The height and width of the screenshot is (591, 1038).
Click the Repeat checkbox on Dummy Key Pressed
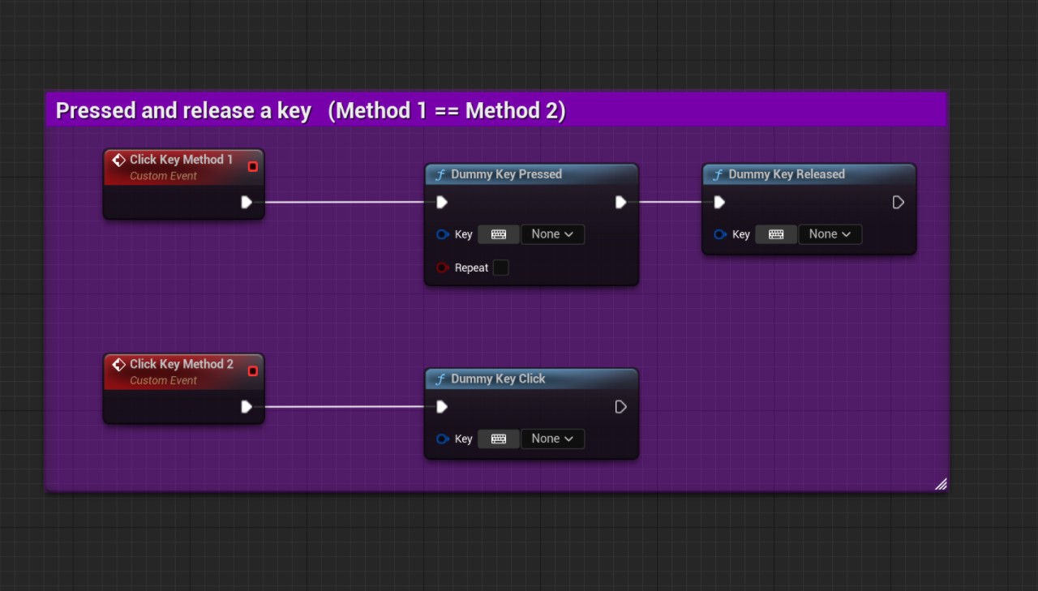point(500,268)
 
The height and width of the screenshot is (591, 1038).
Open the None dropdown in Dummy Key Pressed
point(552,234)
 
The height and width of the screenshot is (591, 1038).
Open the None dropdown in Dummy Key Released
point(830,234)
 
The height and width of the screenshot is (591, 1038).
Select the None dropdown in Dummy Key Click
point(552,439)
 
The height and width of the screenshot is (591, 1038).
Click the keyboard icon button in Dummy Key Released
point(776,234)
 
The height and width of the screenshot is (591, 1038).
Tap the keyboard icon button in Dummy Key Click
point(499,439)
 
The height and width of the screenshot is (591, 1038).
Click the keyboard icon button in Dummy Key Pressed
point(499,234)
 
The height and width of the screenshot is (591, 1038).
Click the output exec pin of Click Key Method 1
point(247,202)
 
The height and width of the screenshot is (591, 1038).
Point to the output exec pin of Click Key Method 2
point(247,407)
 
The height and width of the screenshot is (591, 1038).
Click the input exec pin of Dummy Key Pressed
point(442,202)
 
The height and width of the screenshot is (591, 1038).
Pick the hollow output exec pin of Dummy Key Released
point(898,202)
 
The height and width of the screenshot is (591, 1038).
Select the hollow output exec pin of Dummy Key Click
point(620,407)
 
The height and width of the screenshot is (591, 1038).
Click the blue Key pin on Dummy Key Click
point(443,439)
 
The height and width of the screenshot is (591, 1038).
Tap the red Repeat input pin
point(443,268)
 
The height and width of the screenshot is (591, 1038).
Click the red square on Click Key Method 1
point(252,166)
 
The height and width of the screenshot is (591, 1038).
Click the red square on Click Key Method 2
point(252,371)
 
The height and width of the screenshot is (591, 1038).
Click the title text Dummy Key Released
point(787,174)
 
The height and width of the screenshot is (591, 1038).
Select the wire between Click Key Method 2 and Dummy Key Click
point(345,407)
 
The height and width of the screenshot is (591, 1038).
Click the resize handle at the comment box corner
point(941,484)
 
